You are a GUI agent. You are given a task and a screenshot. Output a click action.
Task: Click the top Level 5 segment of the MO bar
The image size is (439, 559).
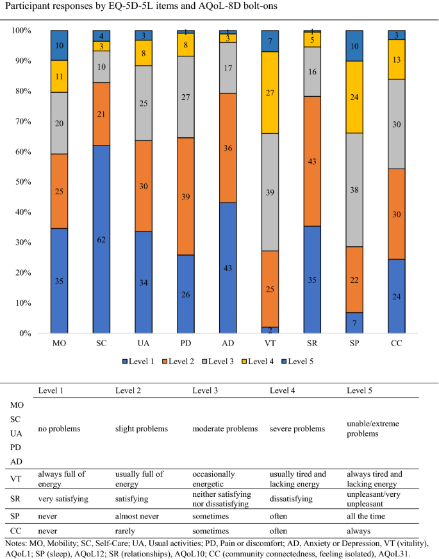[60, 45]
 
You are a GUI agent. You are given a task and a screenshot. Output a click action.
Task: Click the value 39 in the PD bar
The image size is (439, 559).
[185, 197]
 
